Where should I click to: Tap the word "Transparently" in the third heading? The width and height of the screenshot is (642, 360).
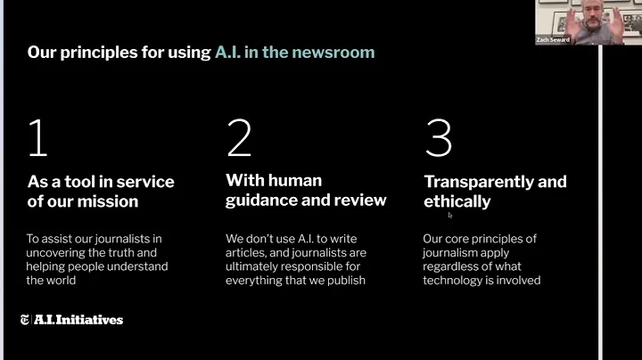[x=480, y=182]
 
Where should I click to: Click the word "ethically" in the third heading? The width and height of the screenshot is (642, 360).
[x=457, y=201]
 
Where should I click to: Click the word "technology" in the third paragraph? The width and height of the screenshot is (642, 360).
[x=460, y=280]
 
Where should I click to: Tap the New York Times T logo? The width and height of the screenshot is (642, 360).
[x=24, y=320]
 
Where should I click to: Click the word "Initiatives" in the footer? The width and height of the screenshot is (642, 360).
[x=88, y=320]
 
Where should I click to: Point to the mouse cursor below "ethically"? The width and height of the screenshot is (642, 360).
[x=450, y=215]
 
